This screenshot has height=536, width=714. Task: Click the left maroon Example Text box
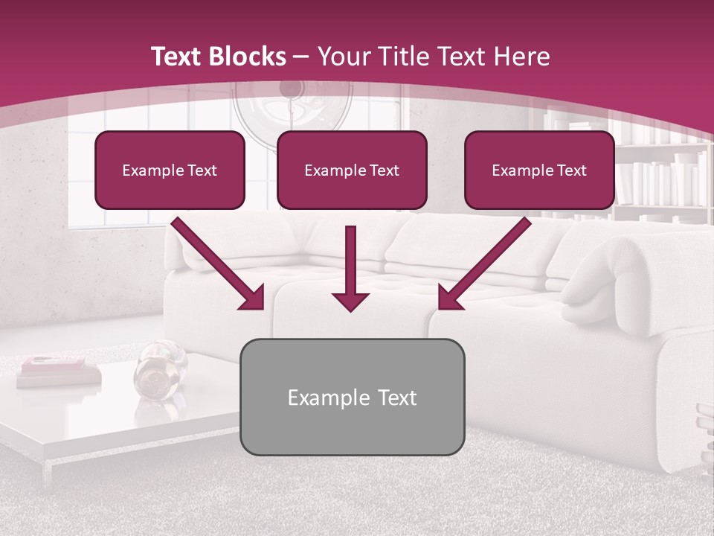(170, 170)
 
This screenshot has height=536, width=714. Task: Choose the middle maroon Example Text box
(352, 170)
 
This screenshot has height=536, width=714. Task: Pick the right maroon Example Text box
(539, 170)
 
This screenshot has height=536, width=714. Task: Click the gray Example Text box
(352, 397)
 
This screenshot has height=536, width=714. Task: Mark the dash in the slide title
(301, 57)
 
